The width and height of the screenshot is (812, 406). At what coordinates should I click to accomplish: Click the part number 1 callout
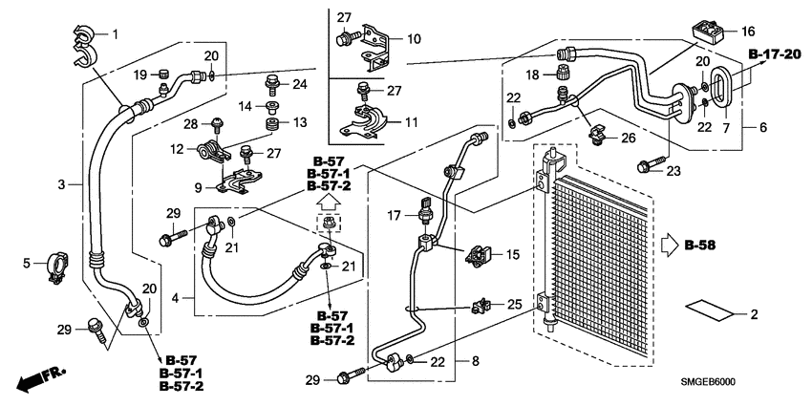tap(115, 35)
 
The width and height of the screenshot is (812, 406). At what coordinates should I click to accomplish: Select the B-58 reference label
tap(701, 246)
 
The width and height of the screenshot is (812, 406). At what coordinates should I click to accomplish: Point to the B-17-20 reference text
tap(775, 53)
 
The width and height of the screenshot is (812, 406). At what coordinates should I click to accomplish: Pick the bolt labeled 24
tap(271, 83)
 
